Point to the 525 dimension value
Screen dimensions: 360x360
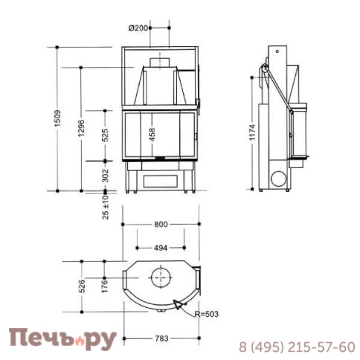pos(105,135)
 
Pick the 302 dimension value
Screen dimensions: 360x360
pos(105,176)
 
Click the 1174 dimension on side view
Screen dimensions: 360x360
pos(254,133)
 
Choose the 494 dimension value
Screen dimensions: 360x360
pos(161,248)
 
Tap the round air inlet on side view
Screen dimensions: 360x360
pos(279,179)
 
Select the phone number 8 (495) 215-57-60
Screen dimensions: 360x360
pos(296,347)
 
